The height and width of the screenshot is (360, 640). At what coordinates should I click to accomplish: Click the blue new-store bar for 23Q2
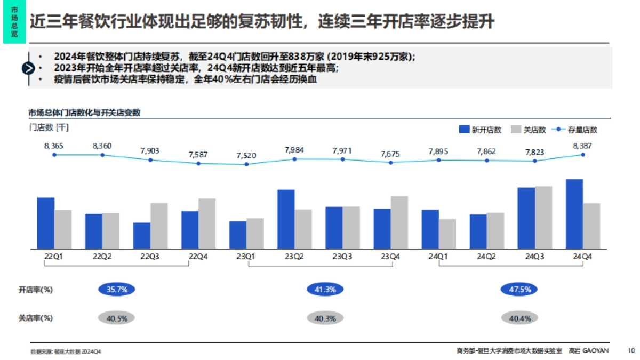coord(286,219)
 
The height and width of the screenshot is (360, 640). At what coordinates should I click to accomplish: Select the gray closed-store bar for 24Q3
coord(543,217)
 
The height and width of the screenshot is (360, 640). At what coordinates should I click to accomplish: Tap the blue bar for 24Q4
coord(574,214)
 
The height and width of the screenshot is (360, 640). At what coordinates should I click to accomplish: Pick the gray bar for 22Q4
coord(207,223)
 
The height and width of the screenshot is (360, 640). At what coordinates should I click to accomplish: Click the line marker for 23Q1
coord(246,164)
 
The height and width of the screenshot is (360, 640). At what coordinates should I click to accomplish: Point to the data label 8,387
coord(582,146)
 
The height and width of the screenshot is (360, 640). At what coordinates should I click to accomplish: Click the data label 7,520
coord(246,155)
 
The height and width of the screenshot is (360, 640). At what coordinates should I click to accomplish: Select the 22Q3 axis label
coord(150,257)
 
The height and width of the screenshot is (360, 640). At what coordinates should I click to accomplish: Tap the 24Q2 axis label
coord(486,257)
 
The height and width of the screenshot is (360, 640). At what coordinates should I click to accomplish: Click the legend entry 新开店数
coord(480,130)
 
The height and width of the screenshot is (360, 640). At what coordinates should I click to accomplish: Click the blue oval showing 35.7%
coord(117,290)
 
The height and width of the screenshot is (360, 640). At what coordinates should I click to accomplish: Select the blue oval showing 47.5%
coord(519,290)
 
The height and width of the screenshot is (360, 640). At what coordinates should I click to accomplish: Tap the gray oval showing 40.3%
coord(325,318)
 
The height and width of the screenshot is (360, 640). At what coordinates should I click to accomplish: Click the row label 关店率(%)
coord(36,318)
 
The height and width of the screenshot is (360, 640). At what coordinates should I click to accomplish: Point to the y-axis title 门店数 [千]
coord(49,127)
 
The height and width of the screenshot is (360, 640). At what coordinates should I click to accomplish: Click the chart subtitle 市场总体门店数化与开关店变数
coord(84,113)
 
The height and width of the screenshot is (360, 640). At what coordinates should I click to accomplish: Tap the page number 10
coord(631,350)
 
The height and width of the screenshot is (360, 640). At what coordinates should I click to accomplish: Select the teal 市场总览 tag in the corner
coord(14,22)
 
